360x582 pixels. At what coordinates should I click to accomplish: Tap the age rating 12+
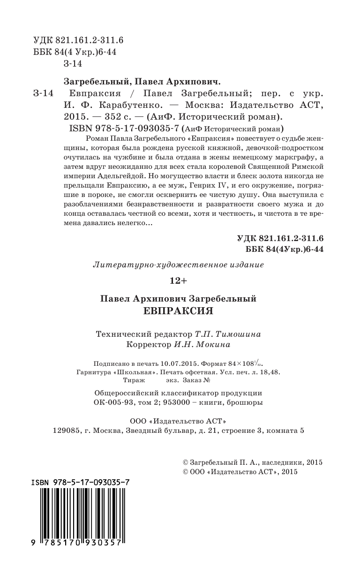coord(178,281)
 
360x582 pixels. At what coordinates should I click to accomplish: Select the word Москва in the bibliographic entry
coord(201,104)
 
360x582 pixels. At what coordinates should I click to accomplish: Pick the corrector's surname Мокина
coord(215,345)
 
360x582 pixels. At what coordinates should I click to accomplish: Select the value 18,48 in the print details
coord(270,372)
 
